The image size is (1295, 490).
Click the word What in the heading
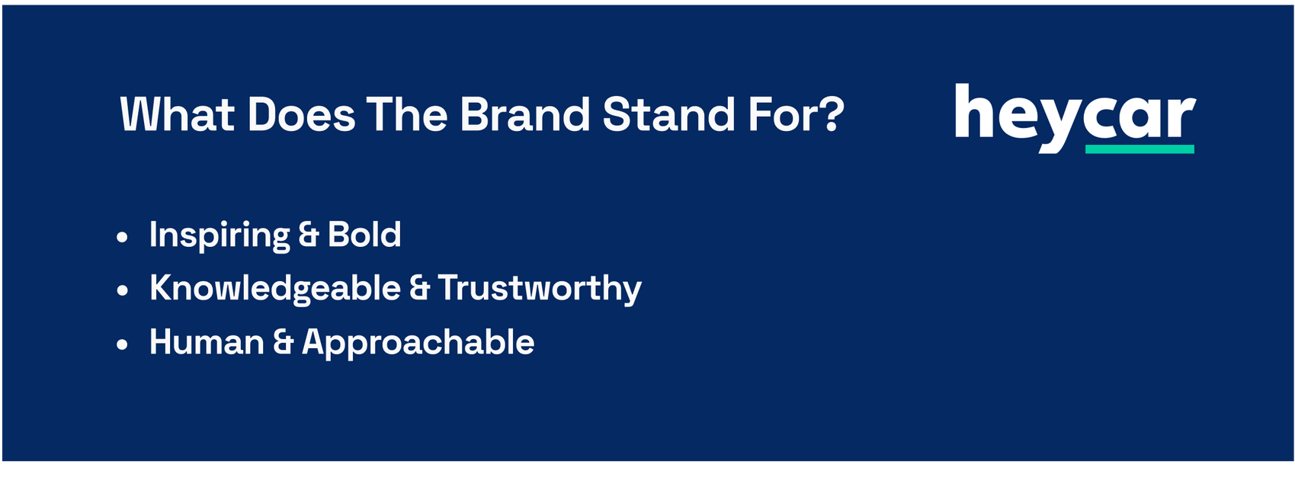click(x=177, y=114)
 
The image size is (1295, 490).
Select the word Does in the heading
click(x=301, y=114)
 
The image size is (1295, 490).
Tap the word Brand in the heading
click(x=525, y=114)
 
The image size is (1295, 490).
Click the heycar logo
click(x=1075, y=118)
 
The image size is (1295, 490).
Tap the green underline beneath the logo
click(x=1140, y=149)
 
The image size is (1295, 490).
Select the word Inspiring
click(x=219, y=235)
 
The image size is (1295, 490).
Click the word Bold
click(x=364, y=234)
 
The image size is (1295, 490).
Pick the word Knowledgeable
click(x=275, y=288)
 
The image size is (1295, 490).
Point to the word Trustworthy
click(x=540, y=288)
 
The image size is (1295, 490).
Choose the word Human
click(x=207, y=341)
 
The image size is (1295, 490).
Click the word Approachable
click(x=418, y=343)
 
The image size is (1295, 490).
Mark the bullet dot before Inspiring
click(x=122, y=236)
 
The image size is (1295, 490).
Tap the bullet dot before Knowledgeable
click(x=122, y=290)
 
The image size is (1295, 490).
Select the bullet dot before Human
click(x=122, y=344)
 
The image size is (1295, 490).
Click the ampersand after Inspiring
click(x=308, y=235)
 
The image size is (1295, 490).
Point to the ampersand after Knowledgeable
click(x=419, y=288)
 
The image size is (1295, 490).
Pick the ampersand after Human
click(x=284, y=342)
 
